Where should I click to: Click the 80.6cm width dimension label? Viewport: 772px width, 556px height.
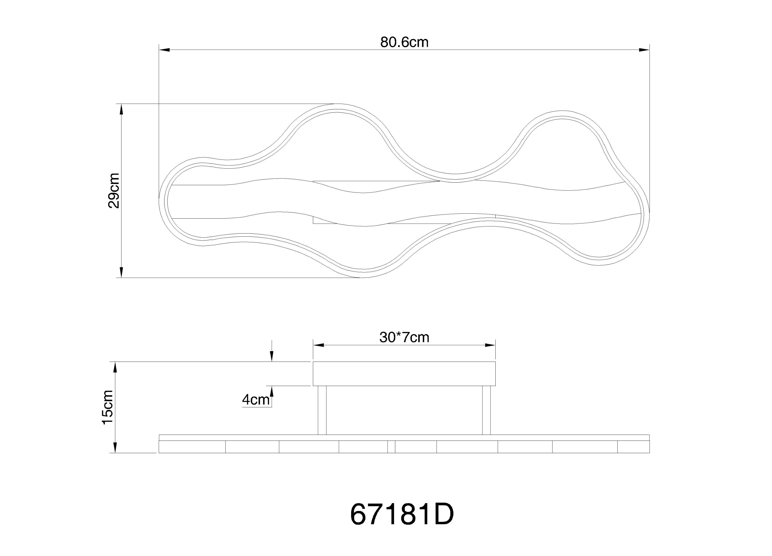coord(404,42)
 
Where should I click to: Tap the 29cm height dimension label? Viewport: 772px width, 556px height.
coord(114,191)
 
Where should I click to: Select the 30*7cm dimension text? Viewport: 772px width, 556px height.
coord(404,337)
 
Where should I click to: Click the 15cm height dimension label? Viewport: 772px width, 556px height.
coord(108,408)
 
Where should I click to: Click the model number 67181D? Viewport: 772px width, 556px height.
coord(402,515)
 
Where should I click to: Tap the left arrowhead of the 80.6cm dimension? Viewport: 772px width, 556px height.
coord(164,50)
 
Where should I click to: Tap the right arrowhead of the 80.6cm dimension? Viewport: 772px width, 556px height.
coord(644,50)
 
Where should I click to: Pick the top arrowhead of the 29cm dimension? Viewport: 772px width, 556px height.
coord(121,109)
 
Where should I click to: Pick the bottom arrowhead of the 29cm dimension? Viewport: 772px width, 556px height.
coord(121,272)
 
